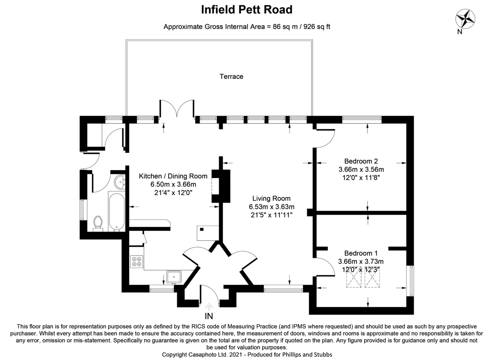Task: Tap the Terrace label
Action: coord(231,76)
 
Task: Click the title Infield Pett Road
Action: coord(247,9)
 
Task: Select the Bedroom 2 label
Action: coord(361,161)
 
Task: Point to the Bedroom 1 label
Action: coord(361,253)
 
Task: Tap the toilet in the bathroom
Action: coord(98,223)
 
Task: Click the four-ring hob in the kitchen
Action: coord(136,261)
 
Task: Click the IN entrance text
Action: coord(210,316)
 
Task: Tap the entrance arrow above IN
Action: coord(210,306)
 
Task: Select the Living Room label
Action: coord(272,198)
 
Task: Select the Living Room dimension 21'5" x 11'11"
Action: coord(272,215)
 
